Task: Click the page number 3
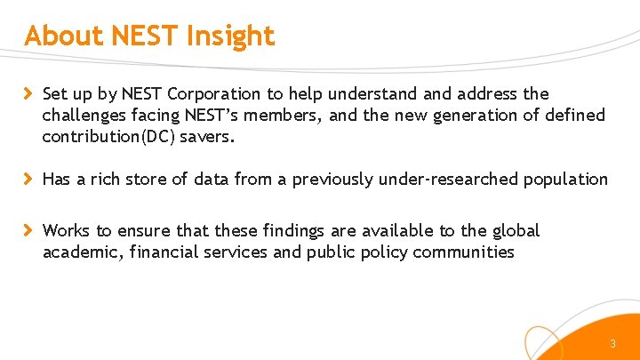pyautogui.click(x=612, y=344)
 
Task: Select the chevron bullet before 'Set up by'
pyautogui.click(x=28, y=93)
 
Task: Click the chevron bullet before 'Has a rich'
pyautogui.click(x=28, y=180)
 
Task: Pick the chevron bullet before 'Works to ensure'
pyautogui.click(x=28, y=231)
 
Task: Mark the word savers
pyautogui.click(x=212, y=137)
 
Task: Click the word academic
pyautogui.click(x=83, y=252)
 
